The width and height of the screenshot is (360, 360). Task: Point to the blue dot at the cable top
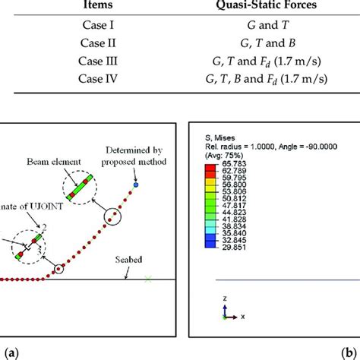(x=135, y=185)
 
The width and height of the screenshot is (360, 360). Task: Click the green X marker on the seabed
(x=148, y=279)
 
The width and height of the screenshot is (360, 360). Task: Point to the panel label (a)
(x=10, y=352)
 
